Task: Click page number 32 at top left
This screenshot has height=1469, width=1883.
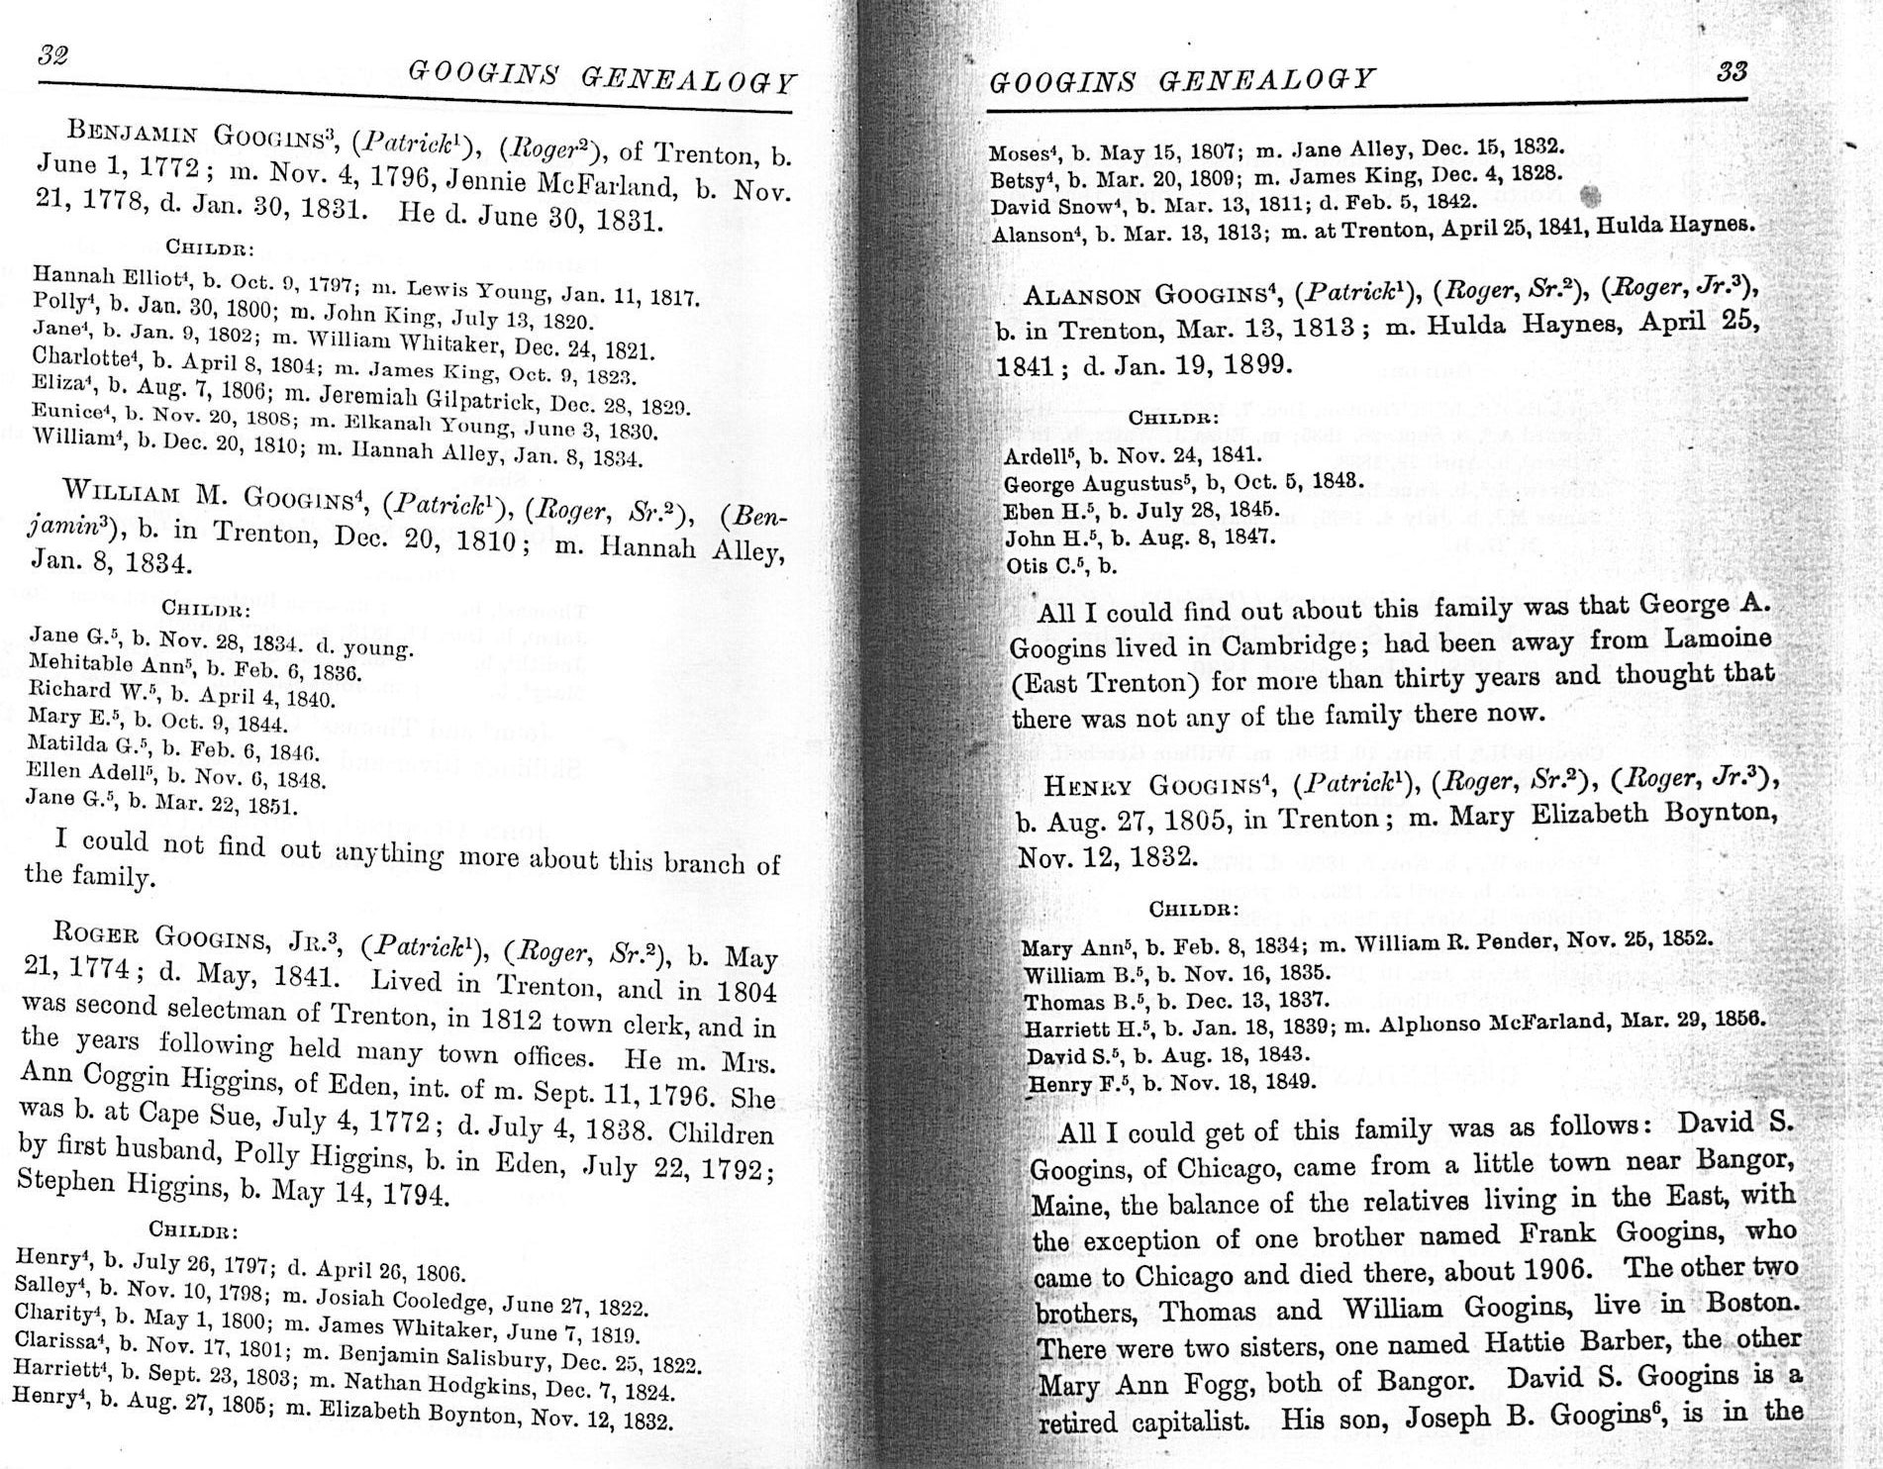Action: pos(51,55)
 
